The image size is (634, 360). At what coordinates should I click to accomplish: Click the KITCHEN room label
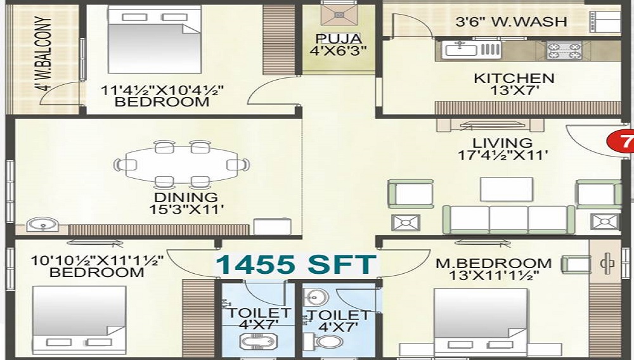(x=514, y=77)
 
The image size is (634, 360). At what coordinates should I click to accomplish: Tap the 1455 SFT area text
(x=296, y=265)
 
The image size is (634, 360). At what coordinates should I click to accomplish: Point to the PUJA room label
(x=339, y=39)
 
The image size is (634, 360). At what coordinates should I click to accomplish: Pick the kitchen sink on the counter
(x=461, y=50)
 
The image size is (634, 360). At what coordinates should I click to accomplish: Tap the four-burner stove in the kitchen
(x=564, y=51)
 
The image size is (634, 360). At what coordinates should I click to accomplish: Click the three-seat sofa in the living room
(x=508, y=219)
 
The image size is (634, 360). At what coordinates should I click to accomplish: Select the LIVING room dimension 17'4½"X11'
(x=503, y=155)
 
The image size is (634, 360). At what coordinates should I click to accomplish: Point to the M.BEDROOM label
(x=494, y=264)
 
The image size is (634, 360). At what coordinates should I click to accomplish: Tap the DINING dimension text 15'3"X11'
(x=186, y=210)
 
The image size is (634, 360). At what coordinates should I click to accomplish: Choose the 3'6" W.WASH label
(x=511, y=22)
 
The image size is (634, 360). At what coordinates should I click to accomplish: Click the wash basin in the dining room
(x=42, y=226)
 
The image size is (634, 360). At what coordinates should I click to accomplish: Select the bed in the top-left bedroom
(x=155, y=39)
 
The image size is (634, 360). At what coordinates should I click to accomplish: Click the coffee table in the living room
(x=506, y=189)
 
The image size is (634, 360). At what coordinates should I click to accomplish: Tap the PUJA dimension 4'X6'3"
(x=338, y=51)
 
